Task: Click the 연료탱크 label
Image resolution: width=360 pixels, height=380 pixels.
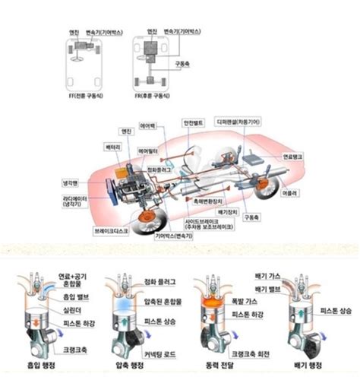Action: [292, 156]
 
